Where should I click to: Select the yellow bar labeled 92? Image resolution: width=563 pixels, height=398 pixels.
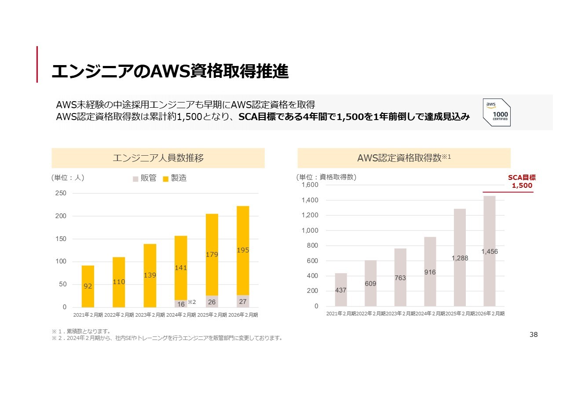(x=88, y=286)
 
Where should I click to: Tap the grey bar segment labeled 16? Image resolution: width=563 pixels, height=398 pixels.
(x=181, y=303)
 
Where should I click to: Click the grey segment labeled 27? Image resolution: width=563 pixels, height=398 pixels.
(x=243, y=301)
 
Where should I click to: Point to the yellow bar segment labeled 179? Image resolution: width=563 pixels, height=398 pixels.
(x=212, y=255)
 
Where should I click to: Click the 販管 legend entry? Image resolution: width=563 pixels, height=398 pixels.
(x=145, y=178)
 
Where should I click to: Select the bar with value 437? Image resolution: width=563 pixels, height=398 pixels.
(x=341, y=290)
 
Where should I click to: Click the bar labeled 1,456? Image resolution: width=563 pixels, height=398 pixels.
(x=490, y=251)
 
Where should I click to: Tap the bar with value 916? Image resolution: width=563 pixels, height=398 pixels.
(x=430, y=272)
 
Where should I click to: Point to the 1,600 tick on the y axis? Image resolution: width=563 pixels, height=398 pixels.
(x=310, y=185)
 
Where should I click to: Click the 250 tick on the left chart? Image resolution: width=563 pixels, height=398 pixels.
(x=61, y=193)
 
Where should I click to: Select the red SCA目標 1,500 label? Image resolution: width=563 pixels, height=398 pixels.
(x=522, y=182)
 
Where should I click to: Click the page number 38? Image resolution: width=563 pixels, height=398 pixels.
(x=534, y=335)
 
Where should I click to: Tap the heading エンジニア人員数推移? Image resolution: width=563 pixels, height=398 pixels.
(x=158, y=158)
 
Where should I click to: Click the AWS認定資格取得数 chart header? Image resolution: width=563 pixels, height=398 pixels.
(x=404, y=158)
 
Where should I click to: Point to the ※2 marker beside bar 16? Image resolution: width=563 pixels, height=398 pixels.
(x=192, y=302)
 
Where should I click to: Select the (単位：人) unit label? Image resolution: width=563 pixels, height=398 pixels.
(x=68, y=178)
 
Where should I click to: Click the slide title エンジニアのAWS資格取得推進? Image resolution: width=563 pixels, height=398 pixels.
(x=170, y=71)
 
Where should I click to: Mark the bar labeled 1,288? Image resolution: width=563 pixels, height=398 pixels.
(x=460, y=258)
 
